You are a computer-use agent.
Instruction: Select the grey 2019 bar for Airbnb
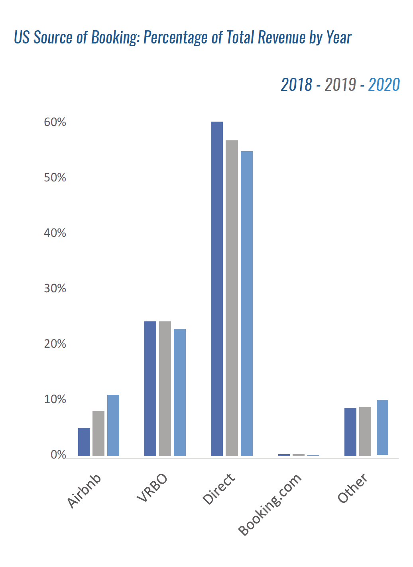[98, 433]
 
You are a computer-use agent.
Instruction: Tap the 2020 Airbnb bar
[113, 425]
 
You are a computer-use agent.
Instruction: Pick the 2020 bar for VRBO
[180, 392]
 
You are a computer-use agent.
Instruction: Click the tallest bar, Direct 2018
[217, 289]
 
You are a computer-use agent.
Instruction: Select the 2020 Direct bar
[247, 303]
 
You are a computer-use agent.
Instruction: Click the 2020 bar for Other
[382, 427]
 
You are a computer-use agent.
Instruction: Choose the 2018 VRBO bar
[150, 389]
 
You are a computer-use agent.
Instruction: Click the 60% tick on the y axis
[55, 122]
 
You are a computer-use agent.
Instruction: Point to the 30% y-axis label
[55, 289]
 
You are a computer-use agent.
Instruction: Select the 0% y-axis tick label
[58, 455]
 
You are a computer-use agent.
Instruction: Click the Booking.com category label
[270, 504]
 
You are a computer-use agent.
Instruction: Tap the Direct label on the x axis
[219, 489]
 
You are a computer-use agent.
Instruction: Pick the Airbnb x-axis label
[84, 491]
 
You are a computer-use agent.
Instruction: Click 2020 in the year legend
[384, 85]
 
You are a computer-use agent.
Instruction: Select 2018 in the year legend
[297, 85]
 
